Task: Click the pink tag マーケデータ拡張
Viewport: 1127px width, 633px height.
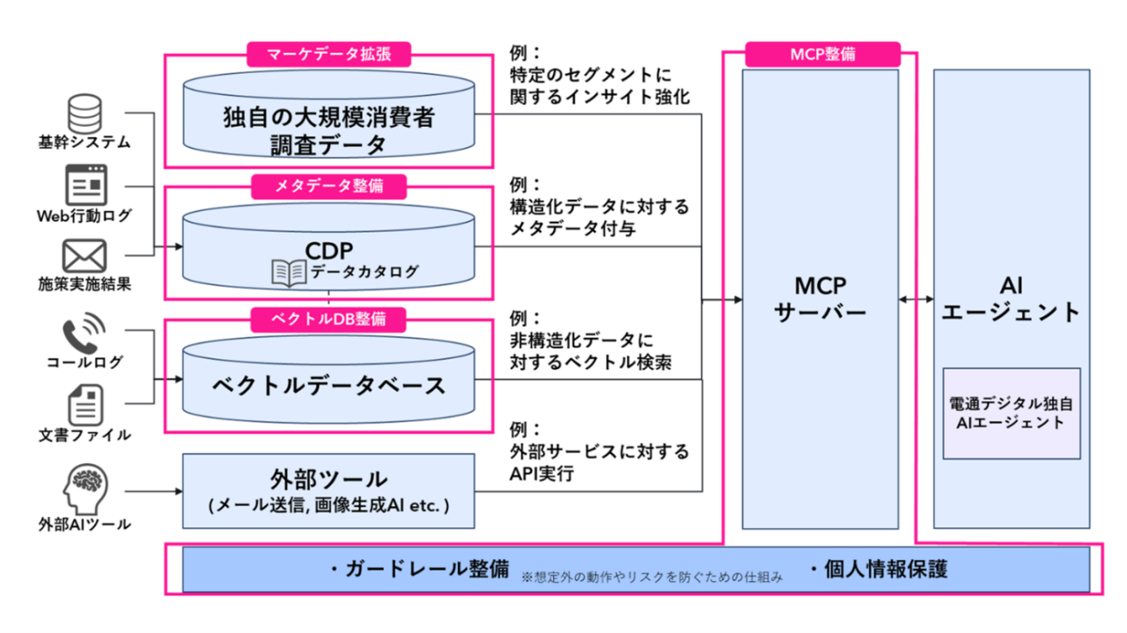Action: (x=328, y=54)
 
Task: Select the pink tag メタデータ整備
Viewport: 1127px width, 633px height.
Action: (x=328, y=186)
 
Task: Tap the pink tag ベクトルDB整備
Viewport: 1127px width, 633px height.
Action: (x=328, y=318)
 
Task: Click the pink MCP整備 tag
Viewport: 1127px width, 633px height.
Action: (x=822, y=54)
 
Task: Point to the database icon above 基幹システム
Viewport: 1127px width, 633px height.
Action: (x=85, y=113)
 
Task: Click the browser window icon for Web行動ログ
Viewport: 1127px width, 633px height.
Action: (x=85, y=185)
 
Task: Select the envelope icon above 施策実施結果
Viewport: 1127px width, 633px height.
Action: (x=85, y=256)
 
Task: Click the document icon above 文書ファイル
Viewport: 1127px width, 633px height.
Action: (x=85, y=406)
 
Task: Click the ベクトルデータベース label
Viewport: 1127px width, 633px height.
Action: (x=328, y=385)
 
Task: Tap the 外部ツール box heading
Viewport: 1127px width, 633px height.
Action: (x=328, y=480)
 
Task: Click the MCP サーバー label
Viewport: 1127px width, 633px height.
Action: (x=820, y=300)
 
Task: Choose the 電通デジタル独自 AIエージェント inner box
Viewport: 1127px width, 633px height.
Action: (x=1012, y=413)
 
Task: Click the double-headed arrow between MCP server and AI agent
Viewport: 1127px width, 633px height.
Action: (x=916, y=300)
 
